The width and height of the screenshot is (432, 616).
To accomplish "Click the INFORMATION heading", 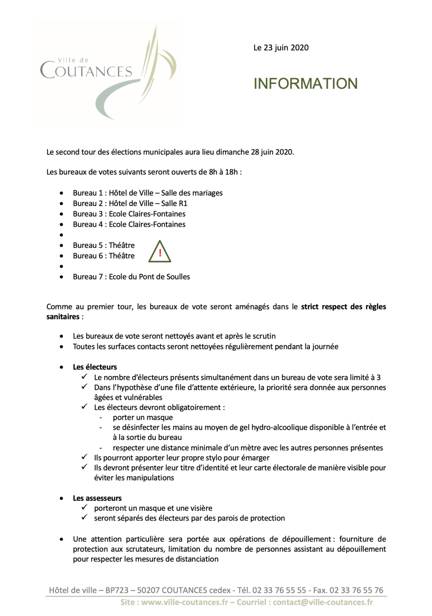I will (x=306, y=84).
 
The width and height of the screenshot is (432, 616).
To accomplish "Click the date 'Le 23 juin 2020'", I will (x=281, y=48).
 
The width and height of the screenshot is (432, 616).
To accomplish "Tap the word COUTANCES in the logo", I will (x=86, y=71).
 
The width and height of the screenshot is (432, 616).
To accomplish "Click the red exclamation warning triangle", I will (x=160, y=252).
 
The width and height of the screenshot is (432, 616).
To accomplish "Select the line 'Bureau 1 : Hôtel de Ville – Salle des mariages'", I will (x=148, y=193).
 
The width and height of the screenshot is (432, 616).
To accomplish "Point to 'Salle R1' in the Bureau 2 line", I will (x=174, y=203).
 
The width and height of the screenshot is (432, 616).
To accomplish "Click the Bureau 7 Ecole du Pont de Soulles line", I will (x=131, y=277).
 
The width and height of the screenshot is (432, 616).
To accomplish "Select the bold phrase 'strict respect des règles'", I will (x=343, y=307).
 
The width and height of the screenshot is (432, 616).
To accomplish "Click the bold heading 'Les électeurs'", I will (x=95, y=367).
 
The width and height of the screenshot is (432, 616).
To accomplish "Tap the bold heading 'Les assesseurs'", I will (x=97, y=498).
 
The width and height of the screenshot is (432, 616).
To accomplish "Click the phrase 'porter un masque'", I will (x=143, y=417).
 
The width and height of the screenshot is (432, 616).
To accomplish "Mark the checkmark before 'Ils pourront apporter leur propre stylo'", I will (x=84, y=457).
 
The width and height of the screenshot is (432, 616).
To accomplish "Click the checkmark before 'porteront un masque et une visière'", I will (x=84, y=508).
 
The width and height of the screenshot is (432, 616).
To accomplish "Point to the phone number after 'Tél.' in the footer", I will (x=279, y=590).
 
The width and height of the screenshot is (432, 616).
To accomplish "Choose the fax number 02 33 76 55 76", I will (x=357, y=590).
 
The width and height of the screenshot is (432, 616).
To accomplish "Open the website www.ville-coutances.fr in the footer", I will (x=185, y=602).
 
